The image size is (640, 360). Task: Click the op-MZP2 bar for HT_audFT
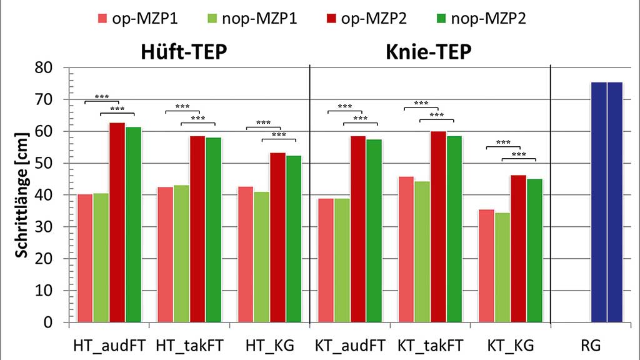[x=117, y=222]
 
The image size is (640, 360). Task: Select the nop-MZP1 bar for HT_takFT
[x=181, y=254]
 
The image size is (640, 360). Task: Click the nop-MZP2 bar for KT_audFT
[x=374, y=231]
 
